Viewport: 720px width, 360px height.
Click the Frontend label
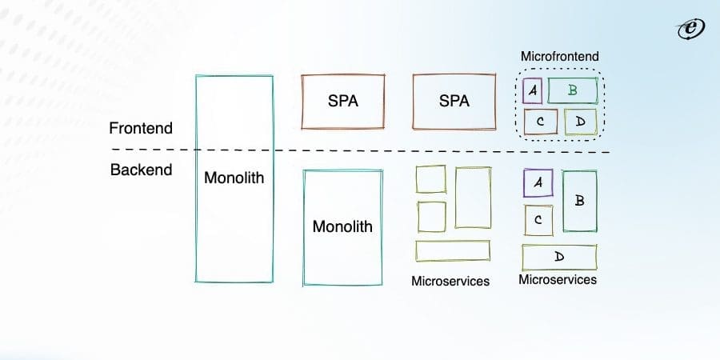pyautogui.click(x=141, y=128)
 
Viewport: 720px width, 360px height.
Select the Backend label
pyautogui.click(x=140, y=170)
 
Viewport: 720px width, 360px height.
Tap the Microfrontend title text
pyautogui.click(x=559, y=57)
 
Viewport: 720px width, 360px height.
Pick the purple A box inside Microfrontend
pyautogui.click(x=532, y=90)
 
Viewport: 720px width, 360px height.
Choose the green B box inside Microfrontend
pyautogui.click(x=572, y=90)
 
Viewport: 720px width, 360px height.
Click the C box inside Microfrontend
pyautogui.click(x=541, y=122)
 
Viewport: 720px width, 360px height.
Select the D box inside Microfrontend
pyautogui.click(x=580, y=122)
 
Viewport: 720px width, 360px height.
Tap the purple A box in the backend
pyautogui.click(x=538, y=183)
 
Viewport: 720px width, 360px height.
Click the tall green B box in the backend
pyautogui.click(x=579, y=201)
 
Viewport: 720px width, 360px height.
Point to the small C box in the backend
pyautogui.click(x=538, y=219)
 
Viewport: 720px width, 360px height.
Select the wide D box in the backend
pyautogui.click(x=559, y=257)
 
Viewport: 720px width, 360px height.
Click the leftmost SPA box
pyautogui.click(x=342, y=102)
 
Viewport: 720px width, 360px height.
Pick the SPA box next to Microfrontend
pyautogui.click(x=454, y=102)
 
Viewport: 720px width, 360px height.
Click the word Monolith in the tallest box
pyautogui.click(x=234, y=178)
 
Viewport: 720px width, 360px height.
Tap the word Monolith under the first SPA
pyautogui.click(x=342, y=226)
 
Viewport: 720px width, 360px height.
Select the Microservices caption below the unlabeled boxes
pyautogui.click(x=450, y=281)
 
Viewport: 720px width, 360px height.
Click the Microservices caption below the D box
pyautogui.click(x=558, y=279)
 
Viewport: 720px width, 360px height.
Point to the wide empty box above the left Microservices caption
pyautogui.click(x=452, y=250)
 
